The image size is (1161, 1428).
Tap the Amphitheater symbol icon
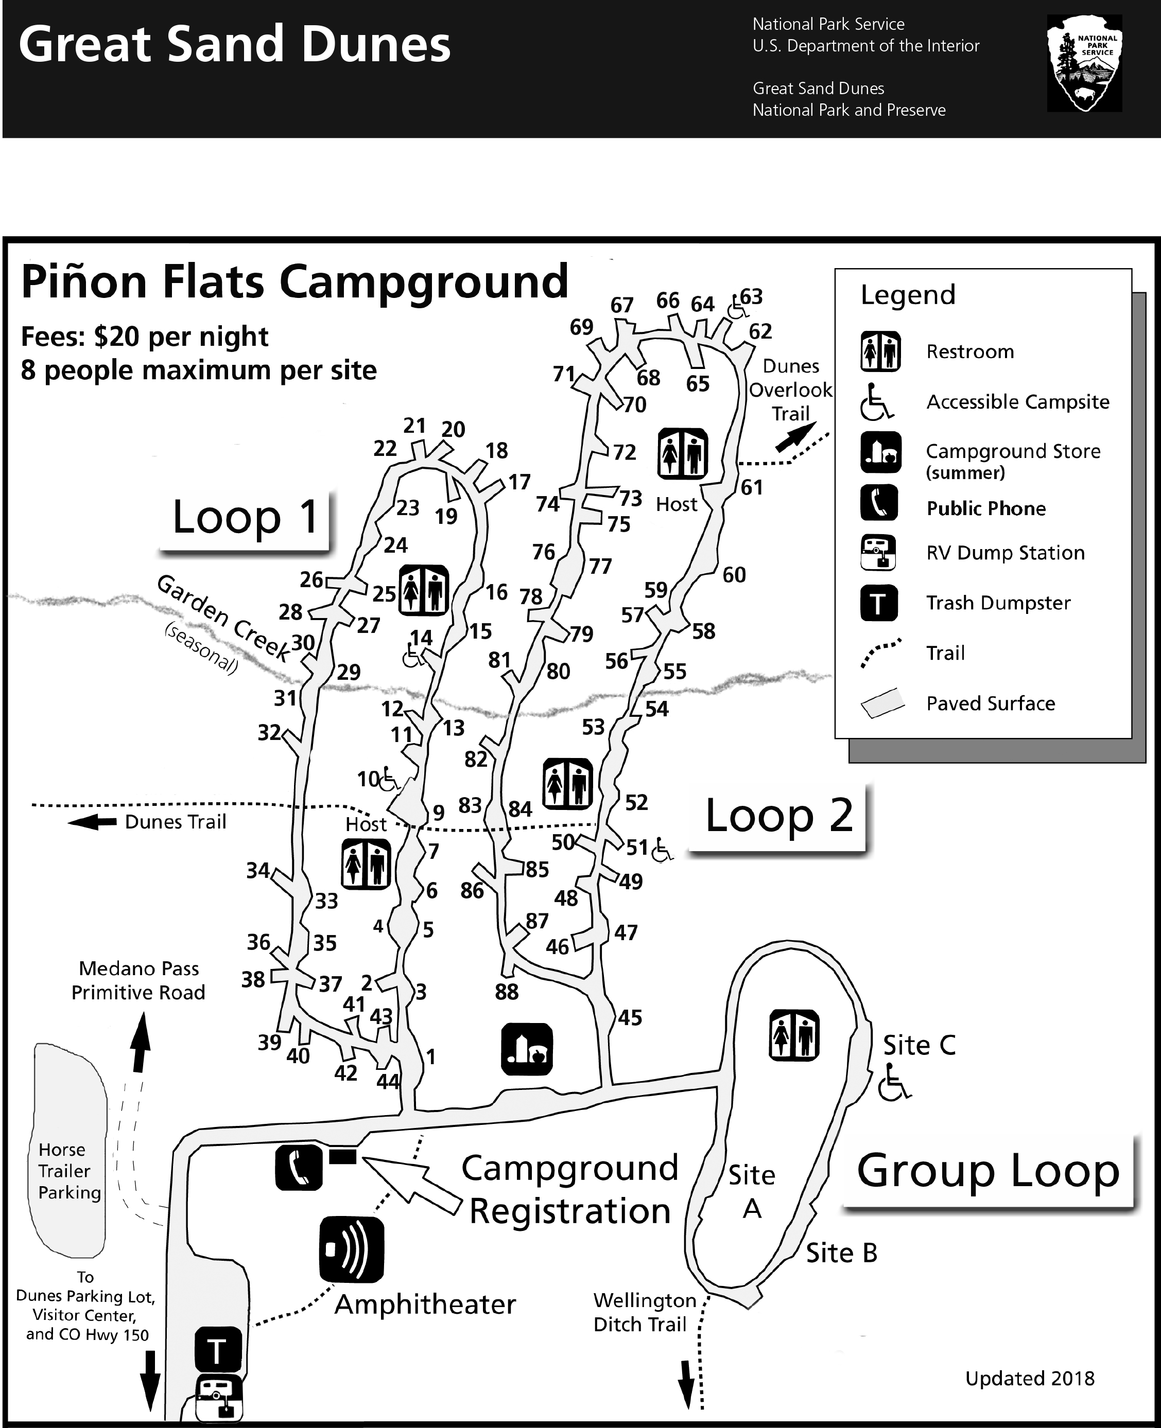point(352,1249)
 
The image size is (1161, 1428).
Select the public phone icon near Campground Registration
point(298,1167)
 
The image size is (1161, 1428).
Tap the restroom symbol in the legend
point(880,351)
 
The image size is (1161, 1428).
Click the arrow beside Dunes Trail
point(92,822)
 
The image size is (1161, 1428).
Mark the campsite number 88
point(506,992)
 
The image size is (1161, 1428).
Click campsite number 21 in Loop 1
point(414,426)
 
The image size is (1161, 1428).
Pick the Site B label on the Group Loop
point(841,1253)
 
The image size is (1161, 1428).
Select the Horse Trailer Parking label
point(69,1171)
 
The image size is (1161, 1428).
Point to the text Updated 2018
point(1029,1379)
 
